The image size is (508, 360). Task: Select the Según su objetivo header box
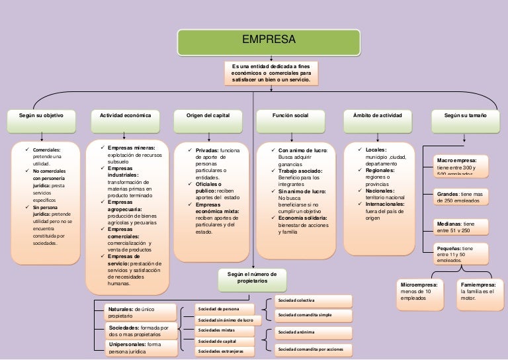[x=42, y=116]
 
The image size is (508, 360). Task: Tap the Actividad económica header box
[x=126, y=116]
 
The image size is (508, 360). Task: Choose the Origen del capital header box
[x=212, y=116]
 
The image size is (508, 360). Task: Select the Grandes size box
[x=465, y=197]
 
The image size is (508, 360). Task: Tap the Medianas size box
[x=465, y=227]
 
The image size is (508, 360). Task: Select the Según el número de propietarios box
[x=252, y=277]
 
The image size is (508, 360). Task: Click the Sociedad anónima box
[x=313, y=332]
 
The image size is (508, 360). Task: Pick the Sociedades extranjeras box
[x=225, y=351]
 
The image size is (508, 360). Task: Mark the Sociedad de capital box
[x=225, y=341]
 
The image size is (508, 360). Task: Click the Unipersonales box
[x=142, y=348]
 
